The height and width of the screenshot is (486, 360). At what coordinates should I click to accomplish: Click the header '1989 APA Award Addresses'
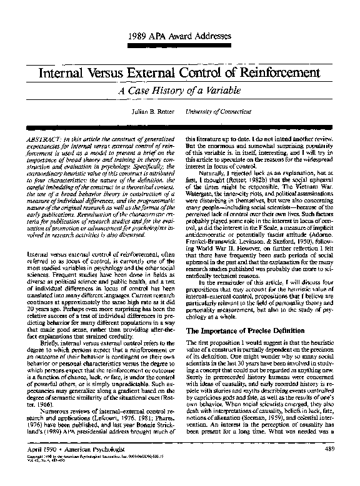179,35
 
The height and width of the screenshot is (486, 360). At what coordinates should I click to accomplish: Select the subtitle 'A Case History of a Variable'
179,89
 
